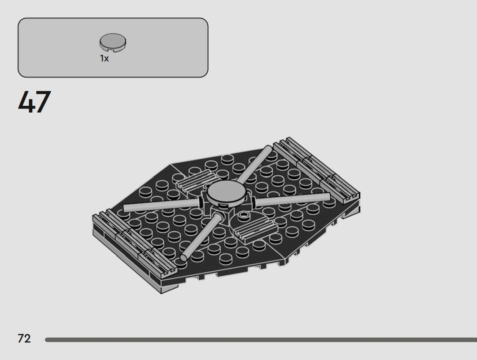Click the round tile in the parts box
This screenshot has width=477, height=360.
click(x=113, y=42)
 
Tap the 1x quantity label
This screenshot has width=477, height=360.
click(x=105, y=58)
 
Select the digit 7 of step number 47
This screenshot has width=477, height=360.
click(x=43, y=102)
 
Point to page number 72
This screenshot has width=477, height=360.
click(x=24, y=338)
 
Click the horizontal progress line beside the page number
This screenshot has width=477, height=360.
click(x=261, y=340)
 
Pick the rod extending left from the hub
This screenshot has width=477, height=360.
click(x=161, y=205)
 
